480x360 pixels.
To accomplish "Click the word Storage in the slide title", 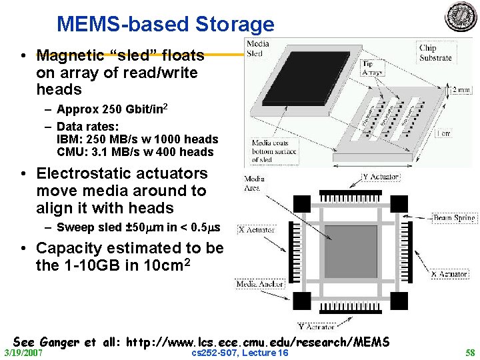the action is (x=235, y=24).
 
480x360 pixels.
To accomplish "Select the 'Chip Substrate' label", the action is (x=436, y=53).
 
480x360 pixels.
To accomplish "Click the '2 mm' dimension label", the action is (x=459, y=90).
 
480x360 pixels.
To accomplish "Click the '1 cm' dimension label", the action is (x=462, y=133).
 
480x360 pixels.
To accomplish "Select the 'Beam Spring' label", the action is (x=454, y=218).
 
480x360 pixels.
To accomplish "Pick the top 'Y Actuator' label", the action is (x=381, y=177).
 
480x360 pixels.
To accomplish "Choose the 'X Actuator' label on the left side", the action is (x=256, y=229).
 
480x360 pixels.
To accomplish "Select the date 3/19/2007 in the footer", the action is (x=23, y=352).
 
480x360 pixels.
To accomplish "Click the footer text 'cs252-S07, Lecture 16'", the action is (x=239, y=352).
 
